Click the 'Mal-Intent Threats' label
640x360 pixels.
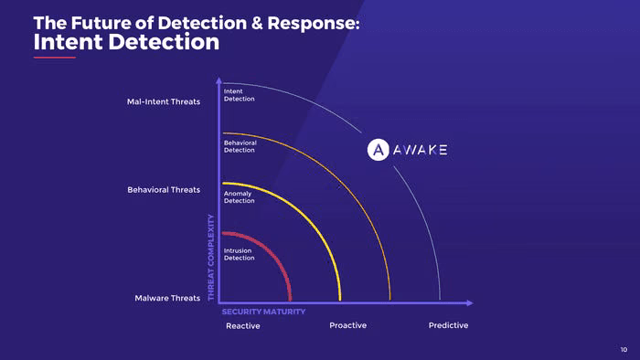pyautogui.click(x=164, y=101)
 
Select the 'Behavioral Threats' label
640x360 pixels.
pyautogui.click(x=164, y=189)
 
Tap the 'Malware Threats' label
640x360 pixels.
pyautogui.click(x=167, y=298)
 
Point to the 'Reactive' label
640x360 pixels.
pyautogui.click(x=243, y=326)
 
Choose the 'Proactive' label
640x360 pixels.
pyautogui.click(x=347, y=325)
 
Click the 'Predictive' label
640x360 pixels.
pyautogui.click(x=448, y=325)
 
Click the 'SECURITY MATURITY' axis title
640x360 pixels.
pyautogui.click(x=263, y=312)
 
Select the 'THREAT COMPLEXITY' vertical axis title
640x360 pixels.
pyautogui.click(x=211, y=258)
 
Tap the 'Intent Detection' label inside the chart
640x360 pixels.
pyautogui.click(x=240, y=95)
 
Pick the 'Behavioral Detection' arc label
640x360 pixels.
pyautogui.click(x=240, y=146)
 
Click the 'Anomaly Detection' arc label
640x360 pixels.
pyautogui.click(x=240, y=197)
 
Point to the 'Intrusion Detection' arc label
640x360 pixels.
pyautogui.click(x=240, y=254)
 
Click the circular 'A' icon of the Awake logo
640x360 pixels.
pyautogui.click(x=378, y=150)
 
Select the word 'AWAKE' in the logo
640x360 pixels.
pyautogui.click(x=420, y=150)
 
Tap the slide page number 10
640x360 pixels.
pyautogui.click(x=624, y=349)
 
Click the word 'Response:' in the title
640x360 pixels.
pyautogui.click(x=314, y=23)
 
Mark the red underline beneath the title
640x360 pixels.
pyautogui.click(x=55, y=58)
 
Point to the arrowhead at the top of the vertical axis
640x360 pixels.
pyautogui.click(x=219, y=80)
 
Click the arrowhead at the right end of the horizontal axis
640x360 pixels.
pyautogui.click(x=470, y=303)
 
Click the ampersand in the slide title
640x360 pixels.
pyautogui.click(x=257, y=23)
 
